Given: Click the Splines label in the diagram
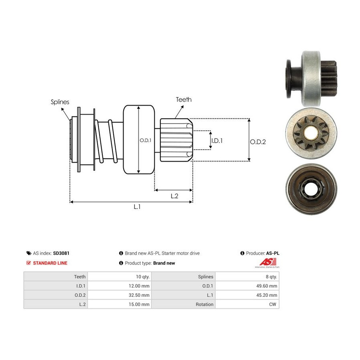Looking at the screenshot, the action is [x=60, y=102].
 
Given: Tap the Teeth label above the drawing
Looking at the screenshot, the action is [x=184, y=100].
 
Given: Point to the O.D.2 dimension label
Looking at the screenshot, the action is [x=258, y=142].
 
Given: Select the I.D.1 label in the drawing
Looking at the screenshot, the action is [x=217, y=140].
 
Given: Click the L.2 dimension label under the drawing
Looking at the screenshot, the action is [x=174, y=196].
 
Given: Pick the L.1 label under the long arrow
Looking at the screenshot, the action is [x=137, y=207].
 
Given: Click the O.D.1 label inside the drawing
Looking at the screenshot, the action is [x=146, y=140].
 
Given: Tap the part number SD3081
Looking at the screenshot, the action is [x=61, y=253].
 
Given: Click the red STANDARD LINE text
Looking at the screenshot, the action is [x=50, y=263].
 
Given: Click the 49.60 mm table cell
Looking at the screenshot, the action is [x=247, y=286].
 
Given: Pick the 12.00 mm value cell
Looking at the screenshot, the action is [x=119, y=286].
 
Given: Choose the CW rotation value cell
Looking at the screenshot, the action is [x=247, y=304].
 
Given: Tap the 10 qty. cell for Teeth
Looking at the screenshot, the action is [x=119, y=277].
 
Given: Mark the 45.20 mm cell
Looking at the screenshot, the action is [x=247, y=295].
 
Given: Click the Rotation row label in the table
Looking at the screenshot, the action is [x=204, y=304].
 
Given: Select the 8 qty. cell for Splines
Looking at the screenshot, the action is [x=247, y=277].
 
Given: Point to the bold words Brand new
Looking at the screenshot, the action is [x=164, y=263].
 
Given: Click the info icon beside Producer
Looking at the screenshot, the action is [x=242, y=253].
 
